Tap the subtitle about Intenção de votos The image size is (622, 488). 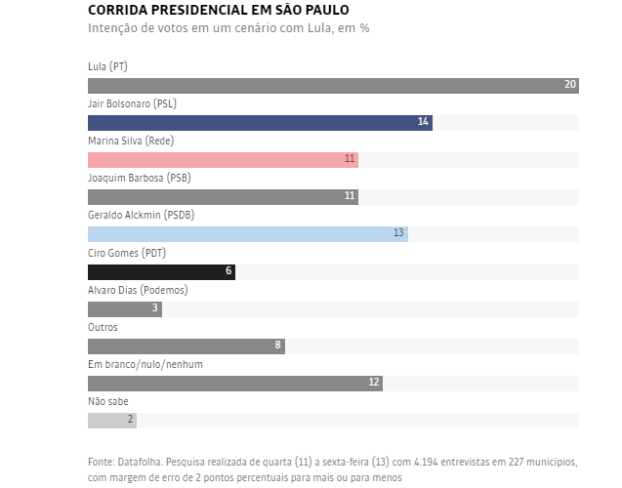pos(228,28)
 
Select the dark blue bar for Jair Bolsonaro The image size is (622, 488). pos(259,123)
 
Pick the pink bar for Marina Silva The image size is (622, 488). pos(223,160)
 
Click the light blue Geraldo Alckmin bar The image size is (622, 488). pos(247,234)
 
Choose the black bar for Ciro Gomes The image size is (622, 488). pos(161,272)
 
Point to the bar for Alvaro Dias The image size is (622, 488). pos(124,309)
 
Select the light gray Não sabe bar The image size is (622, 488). pos(111,421)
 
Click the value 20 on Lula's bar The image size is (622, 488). pos(570,86)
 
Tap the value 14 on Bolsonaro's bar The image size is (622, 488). pos(423,123)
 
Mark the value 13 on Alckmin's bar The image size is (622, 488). pos(398,234)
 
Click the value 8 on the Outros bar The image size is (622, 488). pos(277,346)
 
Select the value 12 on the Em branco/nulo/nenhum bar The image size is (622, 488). pos(374,384)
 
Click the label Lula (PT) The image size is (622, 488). pos(107,66)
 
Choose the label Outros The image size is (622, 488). pos(103,327)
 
